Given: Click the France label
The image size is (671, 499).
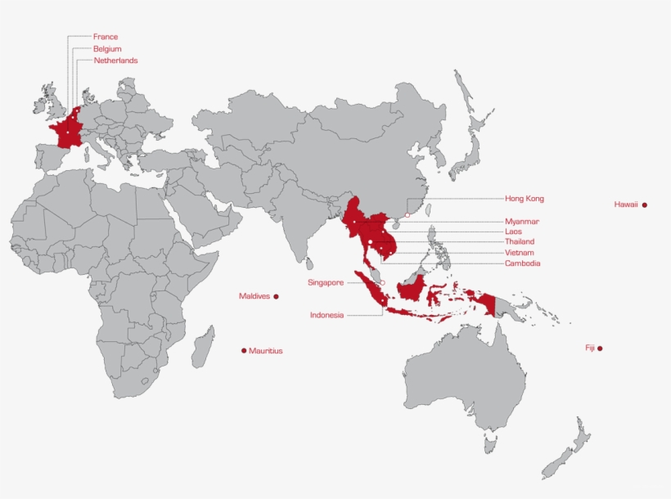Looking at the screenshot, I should point(106,37).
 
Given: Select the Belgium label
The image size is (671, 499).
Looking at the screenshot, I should point(107,49).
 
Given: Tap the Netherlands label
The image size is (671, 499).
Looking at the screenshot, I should point(115,61).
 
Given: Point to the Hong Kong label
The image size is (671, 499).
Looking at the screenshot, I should point(524,199).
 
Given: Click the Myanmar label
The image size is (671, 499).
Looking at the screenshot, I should point(522,222).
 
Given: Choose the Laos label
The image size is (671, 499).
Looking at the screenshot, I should point(514,232).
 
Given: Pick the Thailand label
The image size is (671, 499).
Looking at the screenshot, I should point(520,242).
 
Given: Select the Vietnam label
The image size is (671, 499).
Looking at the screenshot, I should point(520,253).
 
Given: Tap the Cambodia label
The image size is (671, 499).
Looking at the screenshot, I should point(522,263).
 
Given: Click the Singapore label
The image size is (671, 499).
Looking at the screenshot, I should point(326,283).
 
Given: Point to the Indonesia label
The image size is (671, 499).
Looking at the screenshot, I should point(326,315).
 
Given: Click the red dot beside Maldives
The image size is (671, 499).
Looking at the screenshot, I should point(276,296).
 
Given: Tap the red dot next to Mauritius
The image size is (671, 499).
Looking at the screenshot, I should point(244,351).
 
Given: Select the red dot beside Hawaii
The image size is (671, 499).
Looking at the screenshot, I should point(645,205).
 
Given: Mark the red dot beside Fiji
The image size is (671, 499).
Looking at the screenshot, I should point(600,348).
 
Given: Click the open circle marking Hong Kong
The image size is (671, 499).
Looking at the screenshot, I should point(407,215).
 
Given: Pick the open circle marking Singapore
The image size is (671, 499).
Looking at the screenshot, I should point(382,283).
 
